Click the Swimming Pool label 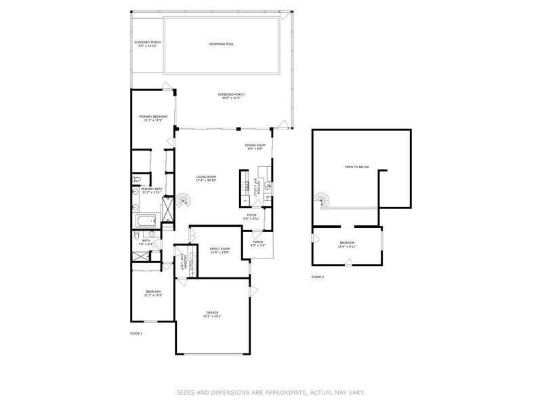coord(222,44)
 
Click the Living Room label coord(206,178)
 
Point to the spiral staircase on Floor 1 coord(184,201)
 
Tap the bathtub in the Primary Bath coord(146,220)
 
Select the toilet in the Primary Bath coord(137,179)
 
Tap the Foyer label coord(251,216)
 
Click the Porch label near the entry coord(257,243)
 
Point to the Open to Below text coord(356,166)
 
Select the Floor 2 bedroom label coord(347,244)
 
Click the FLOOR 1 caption coord(136,334)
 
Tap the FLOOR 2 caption coord(318,277)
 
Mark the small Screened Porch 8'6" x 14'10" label coord(148,44)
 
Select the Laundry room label coord(182,260)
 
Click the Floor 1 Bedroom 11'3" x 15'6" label coord(153,294)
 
